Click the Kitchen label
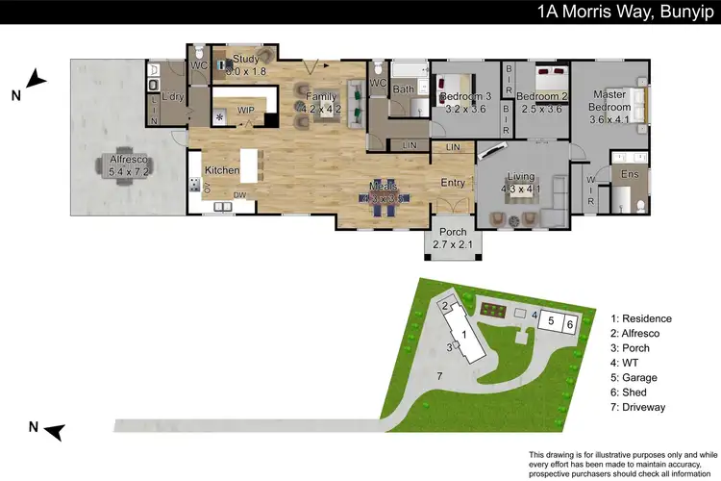221,169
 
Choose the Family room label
322,97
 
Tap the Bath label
403,89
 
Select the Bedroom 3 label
464,97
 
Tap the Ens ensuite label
630,174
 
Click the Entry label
452,183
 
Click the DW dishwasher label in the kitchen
239,195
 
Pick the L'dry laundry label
172,97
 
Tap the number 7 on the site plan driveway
439,374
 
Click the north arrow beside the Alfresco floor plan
35,81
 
